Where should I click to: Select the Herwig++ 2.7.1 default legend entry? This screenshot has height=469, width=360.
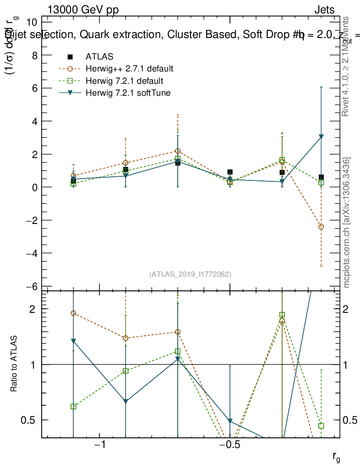(x=129, y=69)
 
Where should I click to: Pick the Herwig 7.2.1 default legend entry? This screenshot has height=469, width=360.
(x=124, y=81)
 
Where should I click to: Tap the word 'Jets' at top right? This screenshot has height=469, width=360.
(x=324, y=10)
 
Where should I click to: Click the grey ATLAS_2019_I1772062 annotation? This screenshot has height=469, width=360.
(x=190, y=274)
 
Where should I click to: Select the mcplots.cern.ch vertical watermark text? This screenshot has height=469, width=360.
(x=347, y=223)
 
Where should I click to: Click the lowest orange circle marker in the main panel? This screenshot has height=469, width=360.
(x=321, y=227)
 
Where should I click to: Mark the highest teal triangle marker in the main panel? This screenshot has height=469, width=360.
(x=321, y=137)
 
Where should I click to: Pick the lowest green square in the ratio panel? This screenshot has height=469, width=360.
(x=321, y=425)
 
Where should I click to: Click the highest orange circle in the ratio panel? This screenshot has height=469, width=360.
(x=73, y=313)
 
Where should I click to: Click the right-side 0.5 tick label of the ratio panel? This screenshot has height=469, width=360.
(x=351, y=420)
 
